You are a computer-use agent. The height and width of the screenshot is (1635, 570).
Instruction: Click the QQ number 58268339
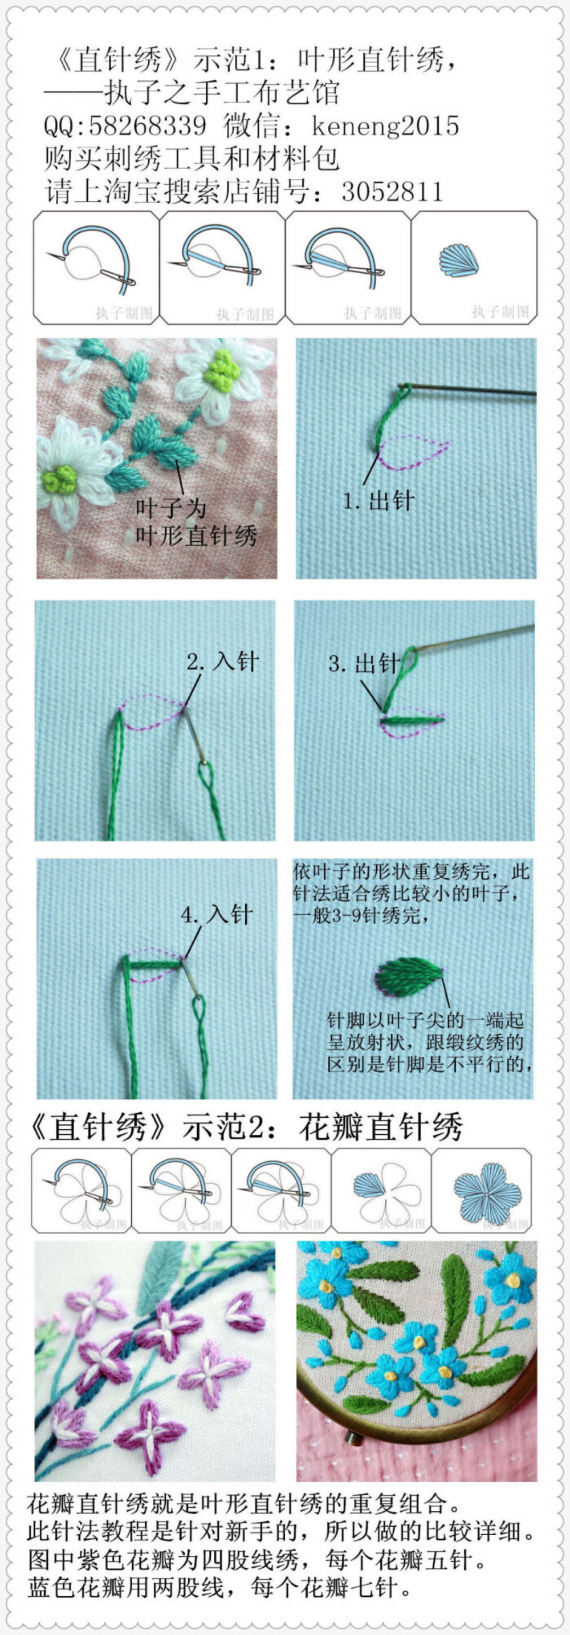click(147, 125)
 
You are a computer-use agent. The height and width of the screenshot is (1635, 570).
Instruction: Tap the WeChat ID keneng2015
click(385, 125)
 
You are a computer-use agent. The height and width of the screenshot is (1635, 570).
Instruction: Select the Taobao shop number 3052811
click(392, 192)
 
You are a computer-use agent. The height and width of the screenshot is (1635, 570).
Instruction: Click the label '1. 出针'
click(378, 501)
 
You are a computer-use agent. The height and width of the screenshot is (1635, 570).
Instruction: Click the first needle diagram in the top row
click(96, 266)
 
